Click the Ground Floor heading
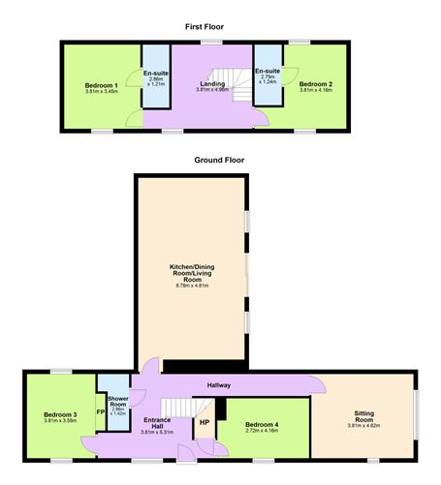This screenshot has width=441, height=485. (x=219, y=160)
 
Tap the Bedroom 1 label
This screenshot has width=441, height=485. (x=101, y=85)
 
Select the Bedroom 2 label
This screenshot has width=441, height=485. (x=316, y=85)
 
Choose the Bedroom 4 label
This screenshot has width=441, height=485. (x=262, y=425)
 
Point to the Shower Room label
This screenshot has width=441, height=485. (x=119, y=401)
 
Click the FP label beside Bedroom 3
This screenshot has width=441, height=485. (x=101, y=413)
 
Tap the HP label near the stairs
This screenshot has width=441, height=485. (x=205, y=422)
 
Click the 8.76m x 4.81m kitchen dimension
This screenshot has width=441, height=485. (x=192, y=286)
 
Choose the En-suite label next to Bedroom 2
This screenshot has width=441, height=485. (x=268, y=71)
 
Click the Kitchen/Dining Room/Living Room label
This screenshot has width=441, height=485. (x=192, y=271)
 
